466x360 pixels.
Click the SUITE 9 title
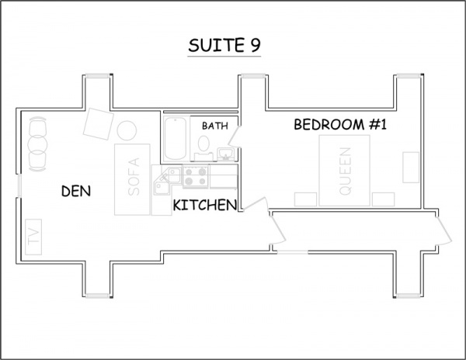pyautogui.click(x=224, y=46)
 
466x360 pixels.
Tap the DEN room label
pyautogui.click(x=76, y=191)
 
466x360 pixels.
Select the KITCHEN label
pyautogui.click(x=205, y=205)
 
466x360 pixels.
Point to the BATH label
pyautogui.click(x=215, y=126)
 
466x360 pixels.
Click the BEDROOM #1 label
pyautogui.click(x=340, y=124)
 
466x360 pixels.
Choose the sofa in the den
pyautogui.click(x=132, y=179)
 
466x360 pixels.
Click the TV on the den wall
pyautogui.click(x=33, y=237)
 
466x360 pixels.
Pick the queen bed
pyautogui.click(x=344, y=171)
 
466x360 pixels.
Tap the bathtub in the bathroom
pyautogui.click(x=176, y=139)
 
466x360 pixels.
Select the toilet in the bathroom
pyautogui.click(x=203, y=147)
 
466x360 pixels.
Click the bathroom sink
pyautogui.click(x=226, y=154)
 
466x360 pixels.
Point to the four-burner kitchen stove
pyautogui.click(x=195, y=176)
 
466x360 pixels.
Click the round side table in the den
pyautogui.click(x=127, y=130)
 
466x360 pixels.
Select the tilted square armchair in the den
pyautogui.click(x=99, y=124)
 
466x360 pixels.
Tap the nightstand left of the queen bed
pyautogui.click(x=305, y=199)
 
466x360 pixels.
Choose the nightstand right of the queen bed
pyautogui.click(x=384, y=199)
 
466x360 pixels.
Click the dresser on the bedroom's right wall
pyautogui.click(x=411, y=168)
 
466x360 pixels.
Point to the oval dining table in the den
pyautogui.click(x=37, y=144)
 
